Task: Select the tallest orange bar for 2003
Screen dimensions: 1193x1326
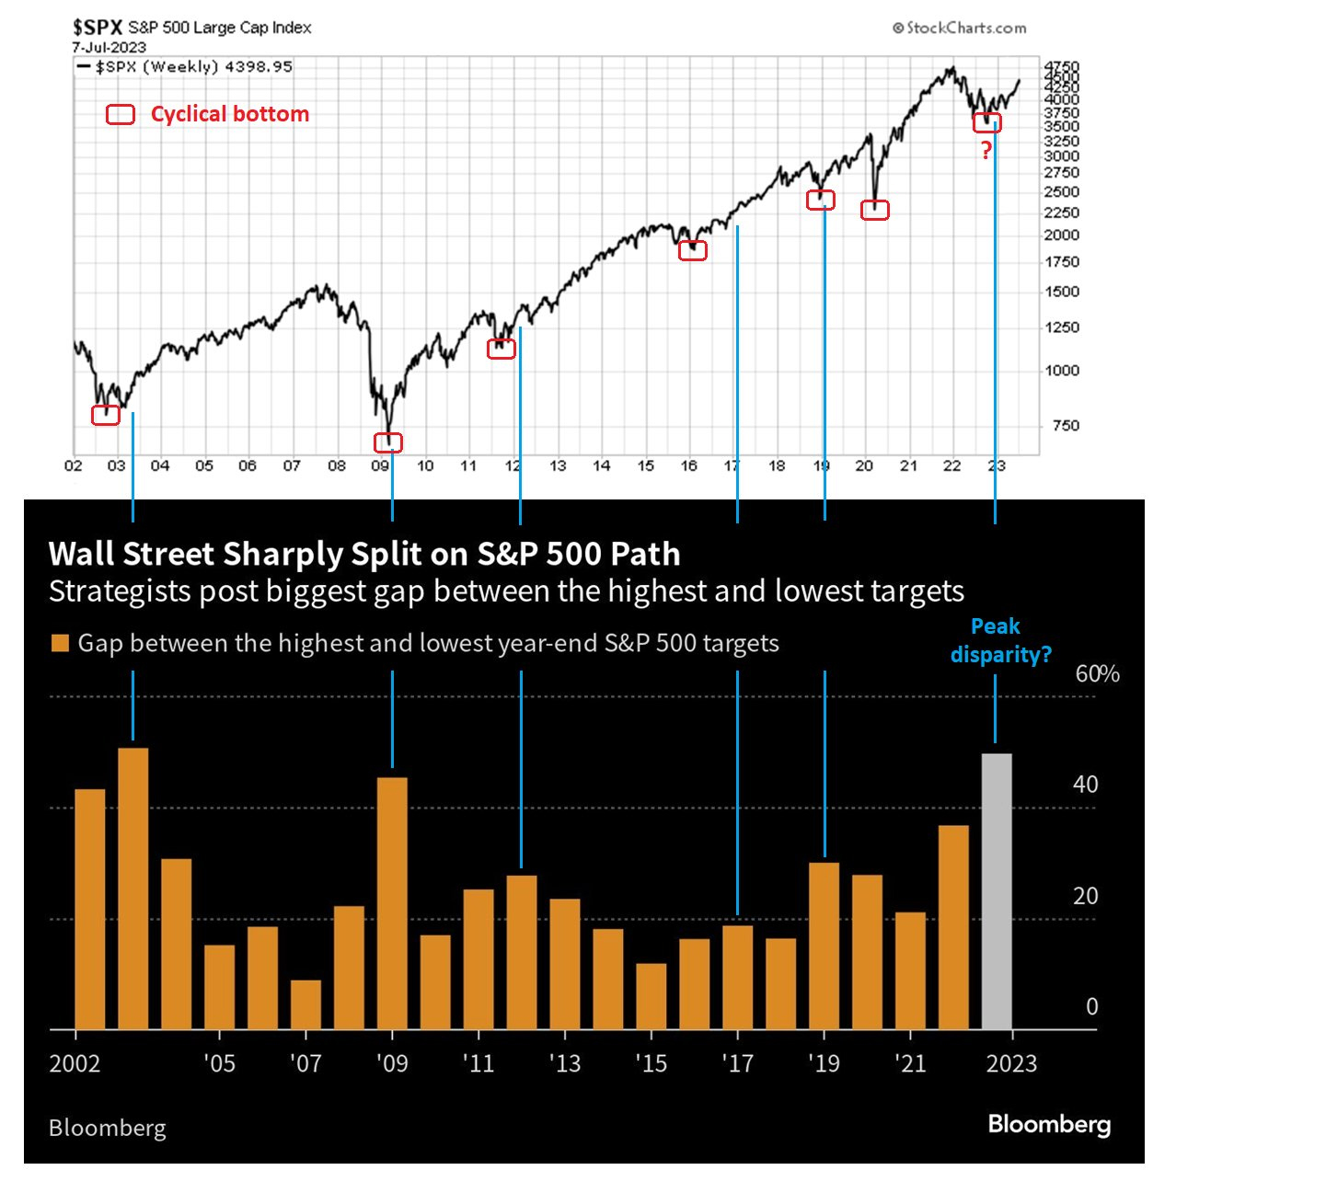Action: point(133,888)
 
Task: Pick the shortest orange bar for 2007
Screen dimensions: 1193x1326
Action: point(306,1004)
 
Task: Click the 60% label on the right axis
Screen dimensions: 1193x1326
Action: point(1097,674)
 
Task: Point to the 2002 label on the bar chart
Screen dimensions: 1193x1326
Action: point(75,1064)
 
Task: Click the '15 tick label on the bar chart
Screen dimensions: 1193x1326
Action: point(651,1064)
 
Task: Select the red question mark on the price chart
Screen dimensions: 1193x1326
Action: point(986,151)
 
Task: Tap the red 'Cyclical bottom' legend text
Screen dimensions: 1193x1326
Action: point(229,114)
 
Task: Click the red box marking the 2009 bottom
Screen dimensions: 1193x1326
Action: point(388,442)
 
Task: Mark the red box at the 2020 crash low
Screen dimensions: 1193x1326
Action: point(874,211)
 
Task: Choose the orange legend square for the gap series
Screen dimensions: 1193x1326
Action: point(60,643)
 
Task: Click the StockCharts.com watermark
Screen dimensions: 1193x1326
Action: point(959,29)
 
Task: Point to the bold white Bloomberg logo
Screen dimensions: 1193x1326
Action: point(1049,1124)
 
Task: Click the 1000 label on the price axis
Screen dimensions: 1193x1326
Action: point(1061,371)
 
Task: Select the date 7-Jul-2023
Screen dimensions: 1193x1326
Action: point(109,47)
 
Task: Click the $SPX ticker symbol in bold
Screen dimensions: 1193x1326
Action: point(98,28)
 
